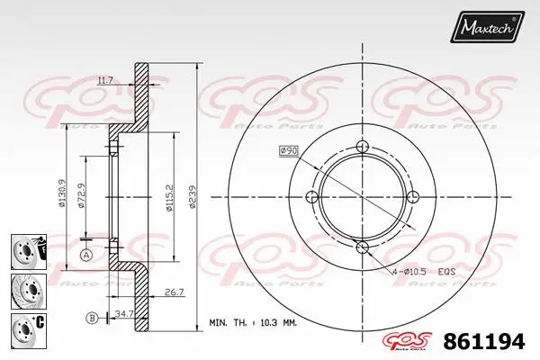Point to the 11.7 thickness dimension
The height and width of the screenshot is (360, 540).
coord(104,82)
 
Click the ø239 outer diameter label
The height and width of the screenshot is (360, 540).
coord(192,196)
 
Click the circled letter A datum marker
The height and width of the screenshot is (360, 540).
coord(86,256)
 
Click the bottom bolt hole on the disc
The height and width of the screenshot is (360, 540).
coord(363,247)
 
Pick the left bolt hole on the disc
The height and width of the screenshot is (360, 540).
coord(313,198)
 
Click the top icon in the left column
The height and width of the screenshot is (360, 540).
coord(30,248)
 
